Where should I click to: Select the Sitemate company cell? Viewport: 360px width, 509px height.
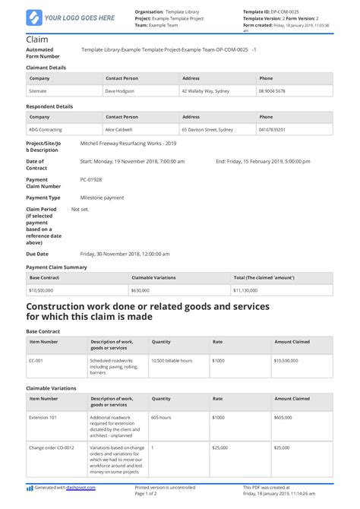pos(39,90)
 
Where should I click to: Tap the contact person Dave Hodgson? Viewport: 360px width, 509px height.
pos(121,90)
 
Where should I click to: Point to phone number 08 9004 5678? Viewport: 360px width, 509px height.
pos(272,90)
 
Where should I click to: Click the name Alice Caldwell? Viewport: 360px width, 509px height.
pos(122,130)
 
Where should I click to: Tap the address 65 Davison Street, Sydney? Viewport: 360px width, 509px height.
pos(210,130)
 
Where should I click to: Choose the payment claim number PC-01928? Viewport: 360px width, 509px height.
pos(90,180)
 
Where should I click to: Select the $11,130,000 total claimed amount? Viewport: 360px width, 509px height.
pos(249,290)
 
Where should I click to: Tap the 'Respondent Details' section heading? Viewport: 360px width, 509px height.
pos(51,106)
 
